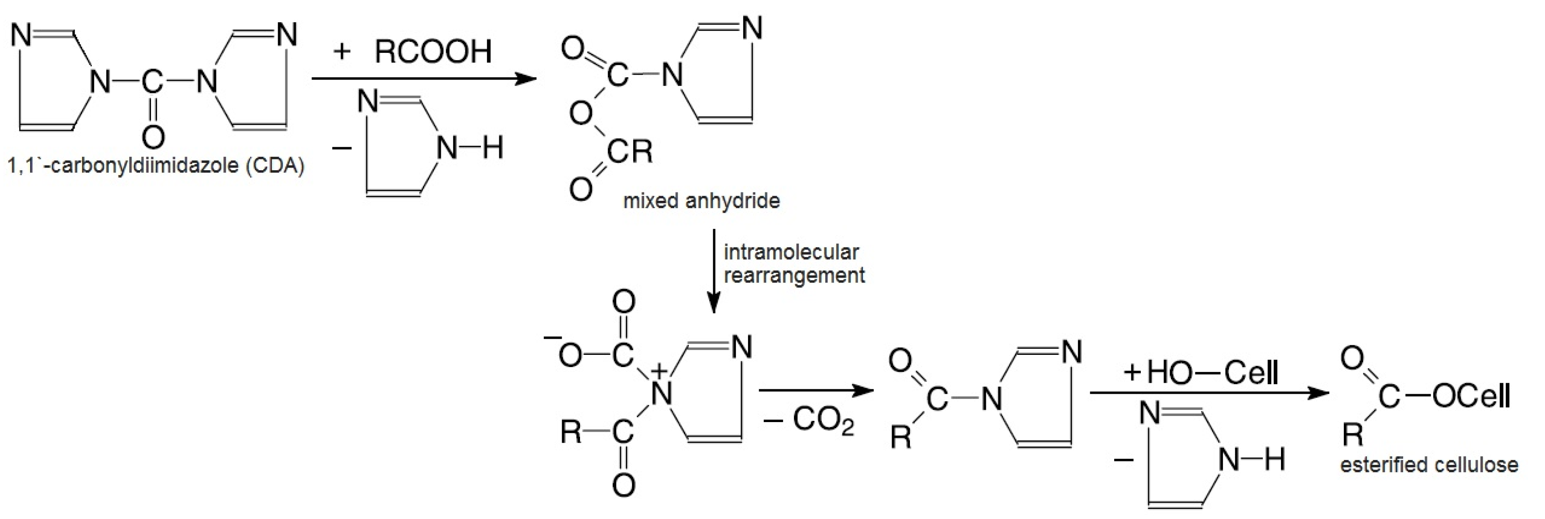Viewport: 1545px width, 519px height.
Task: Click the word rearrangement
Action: (794, 275)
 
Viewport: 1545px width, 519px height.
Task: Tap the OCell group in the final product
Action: (1471, 396)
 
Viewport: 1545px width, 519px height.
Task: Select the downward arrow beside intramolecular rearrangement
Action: (713, 270)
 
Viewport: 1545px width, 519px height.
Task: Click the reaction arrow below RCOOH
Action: (423, 79)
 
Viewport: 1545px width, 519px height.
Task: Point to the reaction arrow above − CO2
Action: (815, 391)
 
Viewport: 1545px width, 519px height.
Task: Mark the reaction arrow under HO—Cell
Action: (1209, 393)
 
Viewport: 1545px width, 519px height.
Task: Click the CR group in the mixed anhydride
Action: (630, 151)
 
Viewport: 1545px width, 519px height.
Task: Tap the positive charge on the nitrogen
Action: (659, 371)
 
